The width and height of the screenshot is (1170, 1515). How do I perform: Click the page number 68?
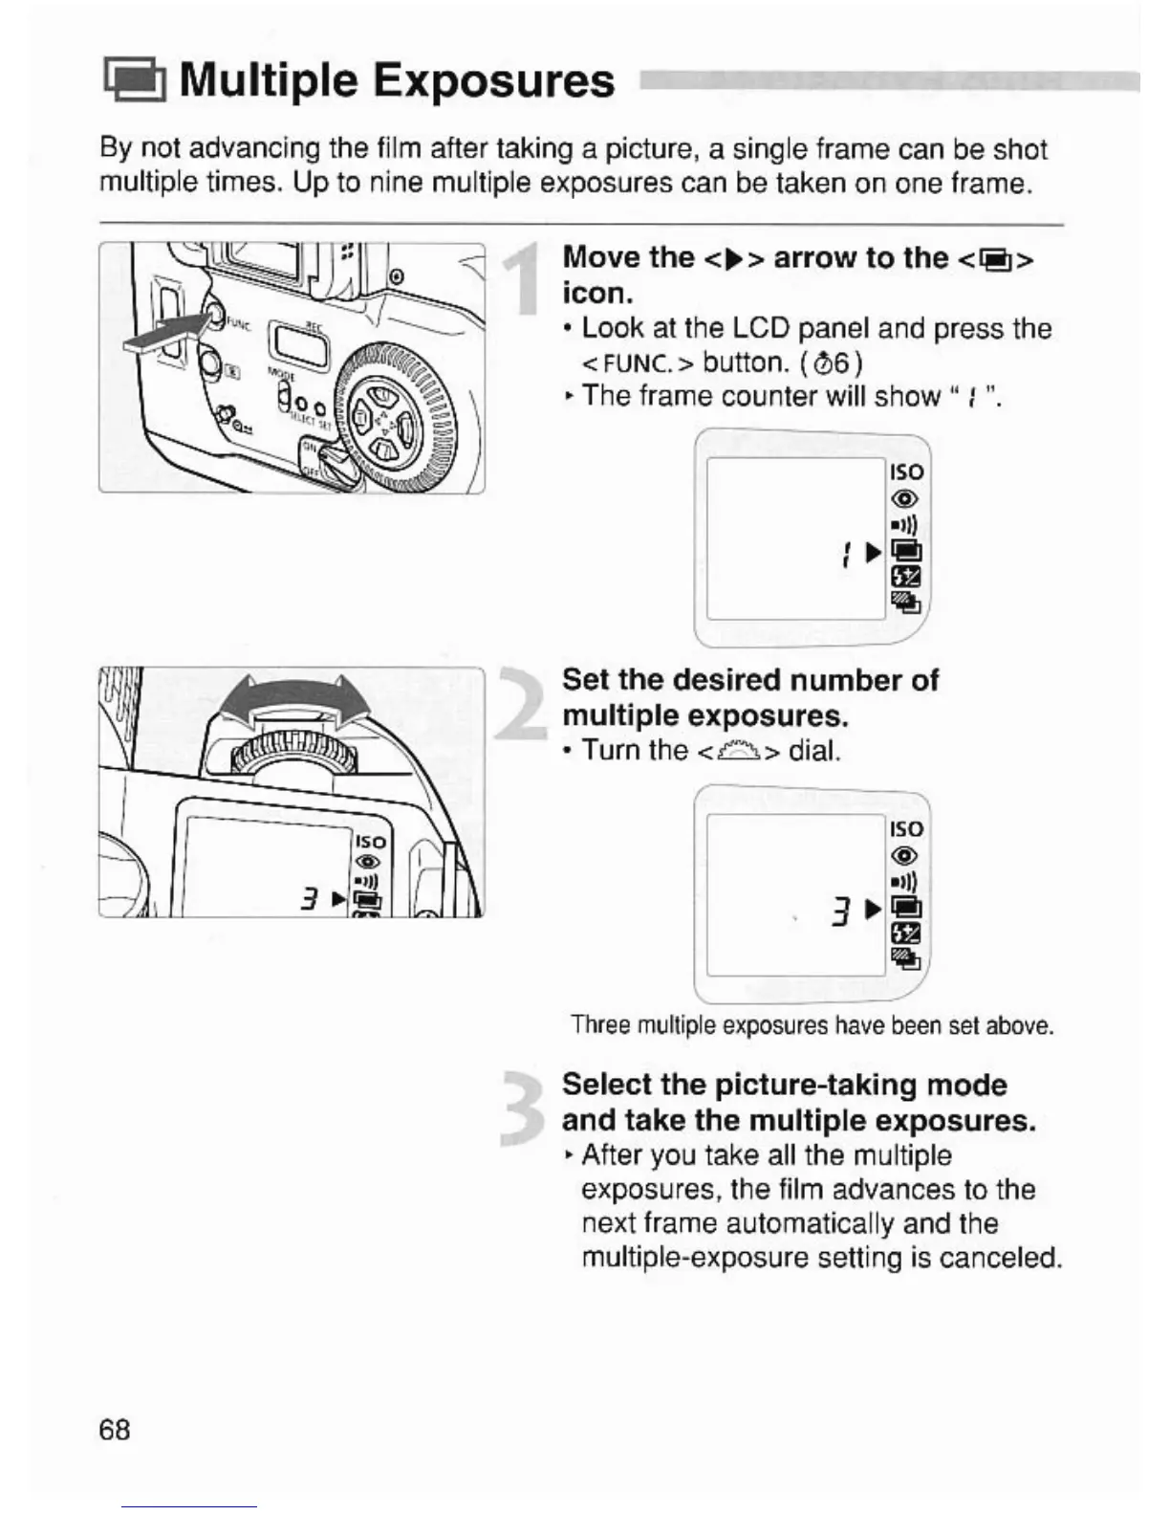click(114, 1429)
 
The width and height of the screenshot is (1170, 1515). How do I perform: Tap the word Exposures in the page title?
click(493, 80)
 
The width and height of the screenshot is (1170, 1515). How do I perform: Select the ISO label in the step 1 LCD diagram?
click(906, 472)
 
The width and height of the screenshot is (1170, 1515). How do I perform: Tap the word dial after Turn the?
click(814, 750)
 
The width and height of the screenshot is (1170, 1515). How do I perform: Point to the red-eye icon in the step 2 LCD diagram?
click(906, 856)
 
